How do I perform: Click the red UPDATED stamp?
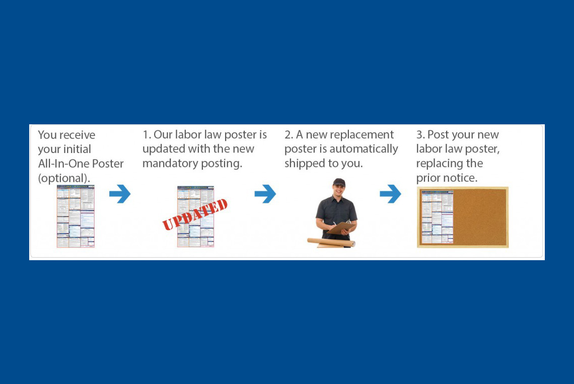tap(195, 214)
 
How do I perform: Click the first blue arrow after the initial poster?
tap(120, 194)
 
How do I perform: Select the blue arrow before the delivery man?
tap(265, 194)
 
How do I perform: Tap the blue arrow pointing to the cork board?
tap(390, 194)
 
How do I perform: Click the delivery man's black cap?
tap(339, 182)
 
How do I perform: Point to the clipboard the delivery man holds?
tap(340, 227)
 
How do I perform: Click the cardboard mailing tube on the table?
tap(331, 243)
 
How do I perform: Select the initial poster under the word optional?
tap(76, 216)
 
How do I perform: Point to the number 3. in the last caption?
tap(420, 135)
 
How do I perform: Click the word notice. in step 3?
tap(462, 178)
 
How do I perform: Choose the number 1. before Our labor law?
tap(147, 135)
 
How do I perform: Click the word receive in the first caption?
tap(77, 135)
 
